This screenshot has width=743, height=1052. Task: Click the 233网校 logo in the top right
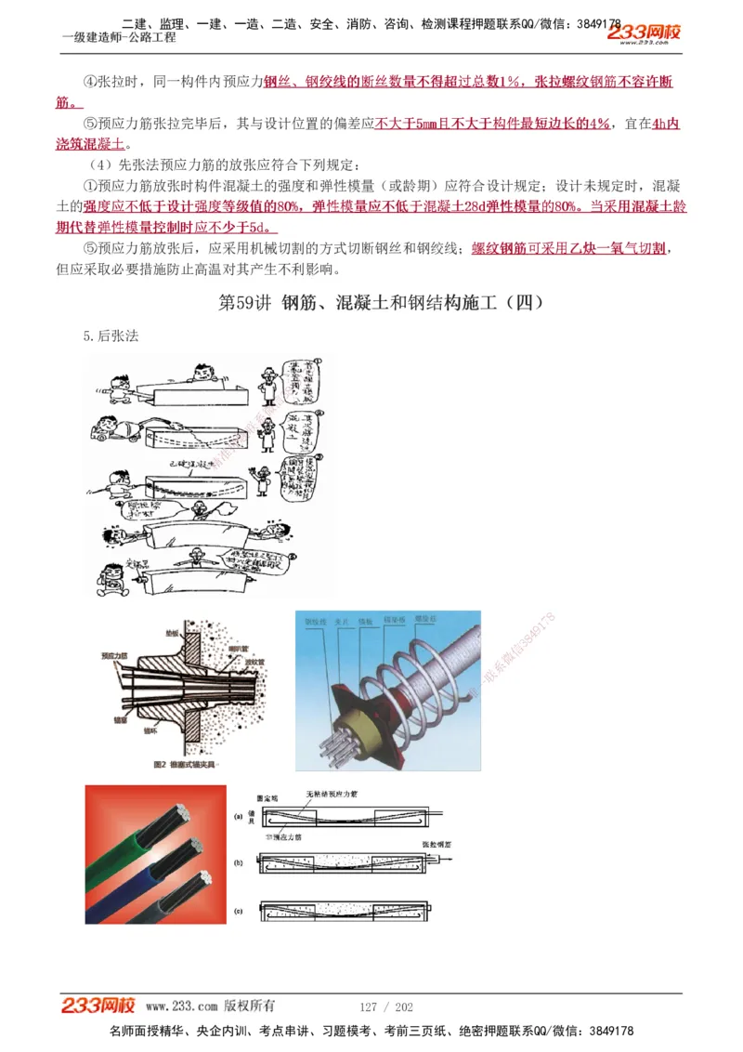[x=644, y=33]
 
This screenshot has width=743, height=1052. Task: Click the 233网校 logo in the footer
[x=98, y=1006]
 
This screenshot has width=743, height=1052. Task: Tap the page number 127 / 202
[x=386, y=1006]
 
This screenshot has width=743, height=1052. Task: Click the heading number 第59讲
[x=244, y=303]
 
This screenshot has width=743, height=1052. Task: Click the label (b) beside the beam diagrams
[x=238, y=863]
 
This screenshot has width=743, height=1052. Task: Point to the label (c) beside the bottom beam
[x=238, y=911]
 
